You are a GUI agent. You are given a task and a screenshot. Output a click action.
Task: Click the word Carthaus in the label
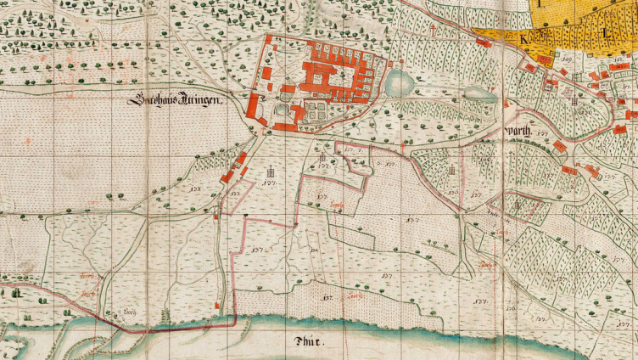(x=151, y=101)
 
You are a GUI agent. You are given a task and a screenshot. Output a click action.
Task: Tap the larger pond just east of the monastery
(x=397, y=83)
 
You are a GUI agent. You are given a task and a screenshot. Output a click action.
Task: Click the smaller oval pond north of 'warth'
(x=479, y=93)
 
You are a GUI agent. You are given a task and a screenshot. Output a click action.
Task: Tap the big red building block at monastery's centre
(x=320, y=76)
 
